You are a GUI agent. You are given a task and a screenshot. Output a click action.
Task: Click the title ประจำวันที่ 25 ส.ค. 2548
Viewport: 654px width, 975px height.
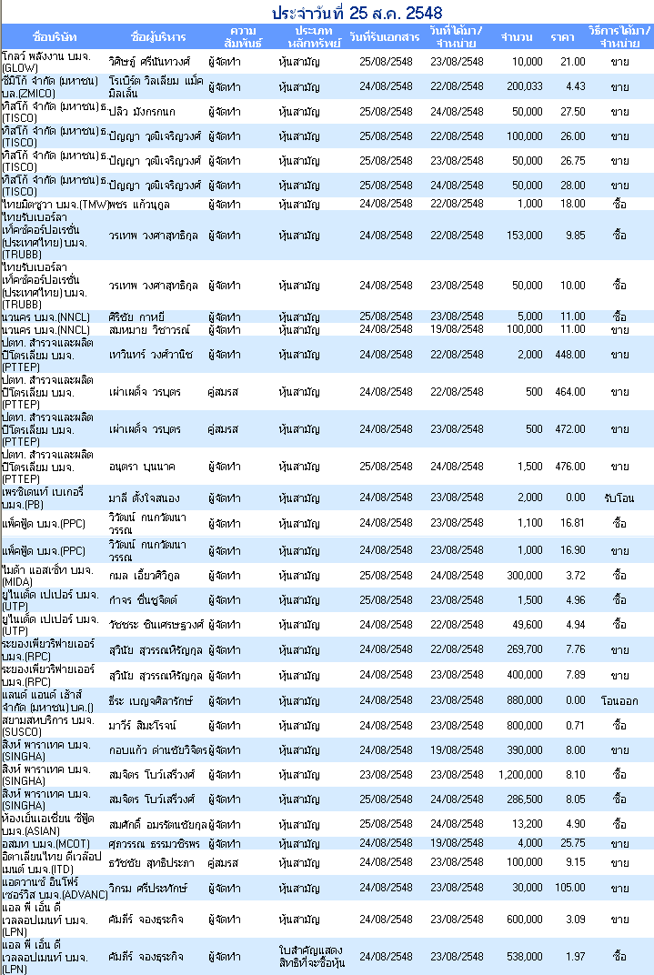tap(357, 13)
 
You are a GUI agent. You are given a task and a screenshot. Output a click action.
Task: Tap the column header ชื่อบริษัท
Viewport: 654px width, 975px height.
tap(54, 36)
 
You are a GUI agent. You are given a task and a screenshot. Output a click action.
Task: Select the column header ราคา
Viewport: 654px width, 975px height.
tap(562, 37)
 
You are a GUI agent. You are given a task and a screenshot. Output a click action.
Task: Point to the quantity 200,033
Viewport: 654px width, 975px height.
tap(524, 86)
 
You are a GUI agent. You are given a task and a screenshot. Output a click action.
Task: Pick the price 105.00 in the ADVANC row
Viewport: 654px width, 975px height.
tap(570, 888)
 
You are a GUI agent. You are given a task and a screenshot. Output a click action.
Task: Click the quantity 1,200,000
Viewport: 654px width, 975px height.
tap(520, 775)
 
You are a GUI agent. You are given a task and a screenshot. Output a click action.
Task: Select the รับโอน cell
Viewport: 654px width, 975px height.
tap(619, 498)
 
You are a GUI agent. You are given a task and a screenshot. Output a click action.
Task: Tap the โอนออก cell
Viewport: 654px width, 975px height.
tap(619, 700)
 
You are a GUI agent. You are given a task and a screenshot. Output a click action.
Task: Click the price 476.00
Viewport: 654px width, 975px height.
tap(570, 467)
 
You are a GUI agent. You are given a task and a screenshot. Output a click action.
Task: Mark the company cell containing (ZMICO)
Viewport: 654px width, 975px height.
tap(50, 87)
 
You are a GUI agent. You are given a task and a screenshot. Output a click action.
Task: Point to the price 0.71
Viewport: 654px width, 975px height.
tap(575, 726)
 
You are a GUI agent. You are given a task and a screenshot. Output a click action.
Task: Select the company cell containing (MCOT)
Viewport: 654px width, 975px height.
tap(45, 844)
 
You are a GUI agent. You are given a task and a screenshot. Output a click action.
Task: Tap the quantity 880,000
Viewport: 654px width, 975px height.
tap(524, 700)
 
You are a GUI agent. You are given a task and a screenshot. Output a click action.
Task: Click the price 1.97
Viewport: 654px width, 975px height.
tap(575, 956)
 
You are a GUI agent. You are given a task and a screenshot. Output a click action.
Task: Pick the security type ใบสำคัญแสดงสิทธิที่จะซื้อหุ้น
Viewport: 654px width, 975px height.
tap(312, 956)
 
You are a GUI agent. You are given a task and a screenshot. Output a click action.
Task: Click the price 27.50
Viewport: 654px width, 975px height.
tap(572, 112)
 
